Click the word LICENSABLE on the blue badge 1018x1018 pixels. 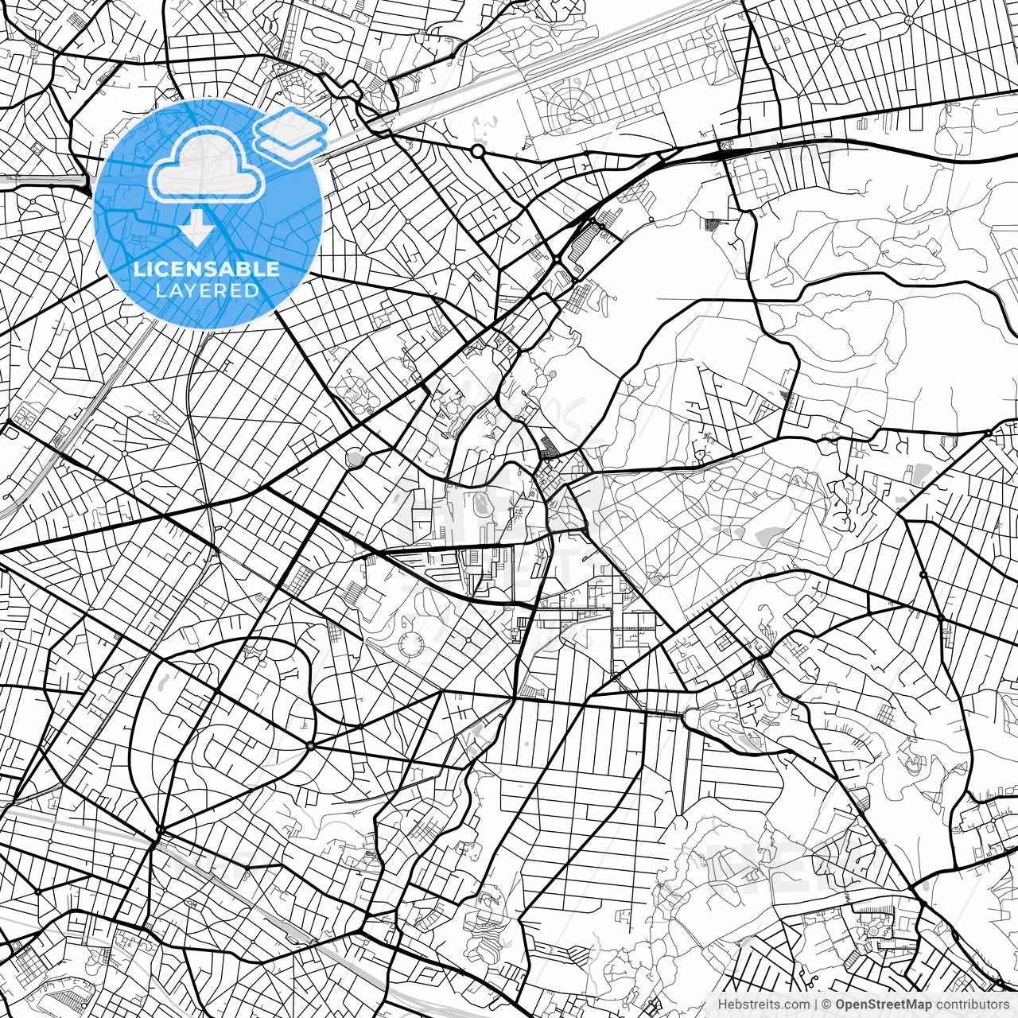click(207, 269)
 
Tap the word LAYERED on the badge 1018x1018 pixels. click(207, 290)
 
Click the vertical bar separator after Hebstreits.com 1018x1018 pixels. click(817, 1004)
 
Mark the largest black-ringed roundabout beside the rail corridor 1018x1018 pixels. click(477, 150)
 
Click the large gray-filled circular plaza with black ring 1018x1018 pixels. click(355, 457)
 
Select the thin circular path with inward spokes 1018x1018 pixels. click(410, 646)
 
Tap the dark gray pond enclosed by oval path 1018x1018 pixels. click(480, 503)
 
